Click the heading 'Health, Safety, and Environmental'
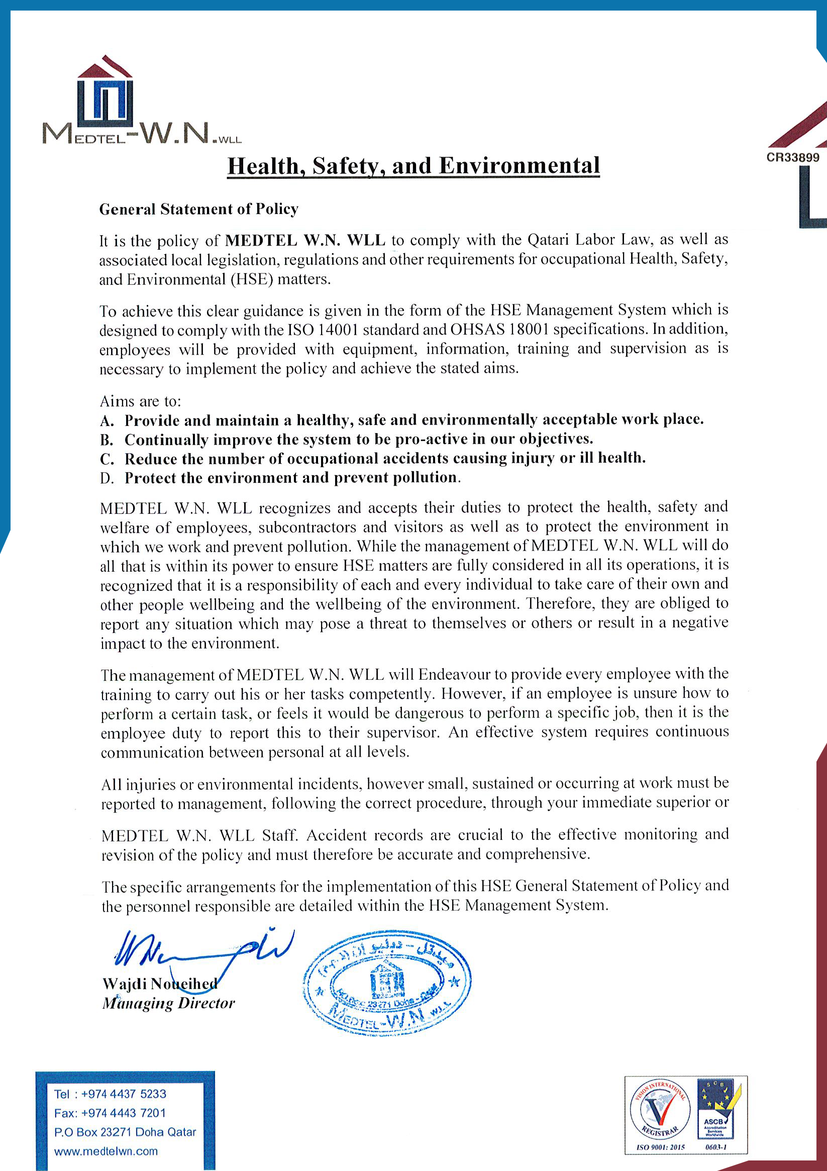click(x=413, y=166)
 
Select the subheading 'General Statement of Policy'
click(x=198, y=209)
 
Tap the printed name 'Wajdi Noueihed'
click(x=160, y=983)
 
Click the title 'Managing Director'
click(x=168, y=1003)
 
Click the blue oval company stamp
click(x=386, y=981)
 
